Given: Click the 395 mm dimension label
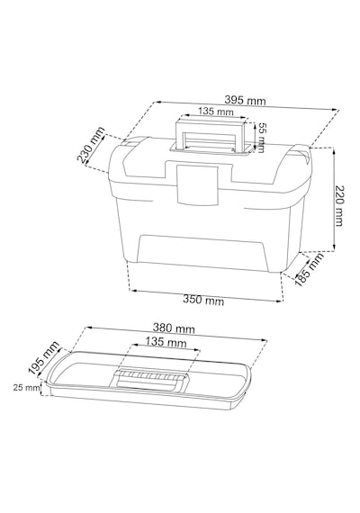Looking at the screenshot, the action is pyautogui.click(x=245, y=100).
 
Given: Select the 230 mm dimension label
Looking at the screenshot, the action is pyautogui.click(x=91, y=145).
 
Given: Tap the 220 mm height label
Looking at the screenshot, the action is pyautogui.click(x=339, y=206).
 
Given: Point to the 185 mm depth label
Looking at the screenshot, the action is pyautogui.click(x=309, y=269).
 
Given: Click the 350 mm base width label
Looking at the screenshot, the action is pyautogui.click(x=203, y=300).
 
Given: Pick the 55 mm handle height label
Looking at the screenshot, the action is pyautogui.click(x=261, y=138).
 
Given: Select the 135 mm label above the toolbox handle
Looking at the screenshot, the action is pyautogui.click(x=216, y=112).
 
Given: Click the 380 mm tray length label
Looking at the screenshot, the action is pyautogui.click(x=174, y=328).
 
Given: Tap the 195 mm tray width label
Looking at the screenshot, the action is pyautogui.click(x=43, y=357).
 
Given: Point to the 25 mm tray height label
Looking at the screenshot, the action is pyautogui.click(x=26, y=388).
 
